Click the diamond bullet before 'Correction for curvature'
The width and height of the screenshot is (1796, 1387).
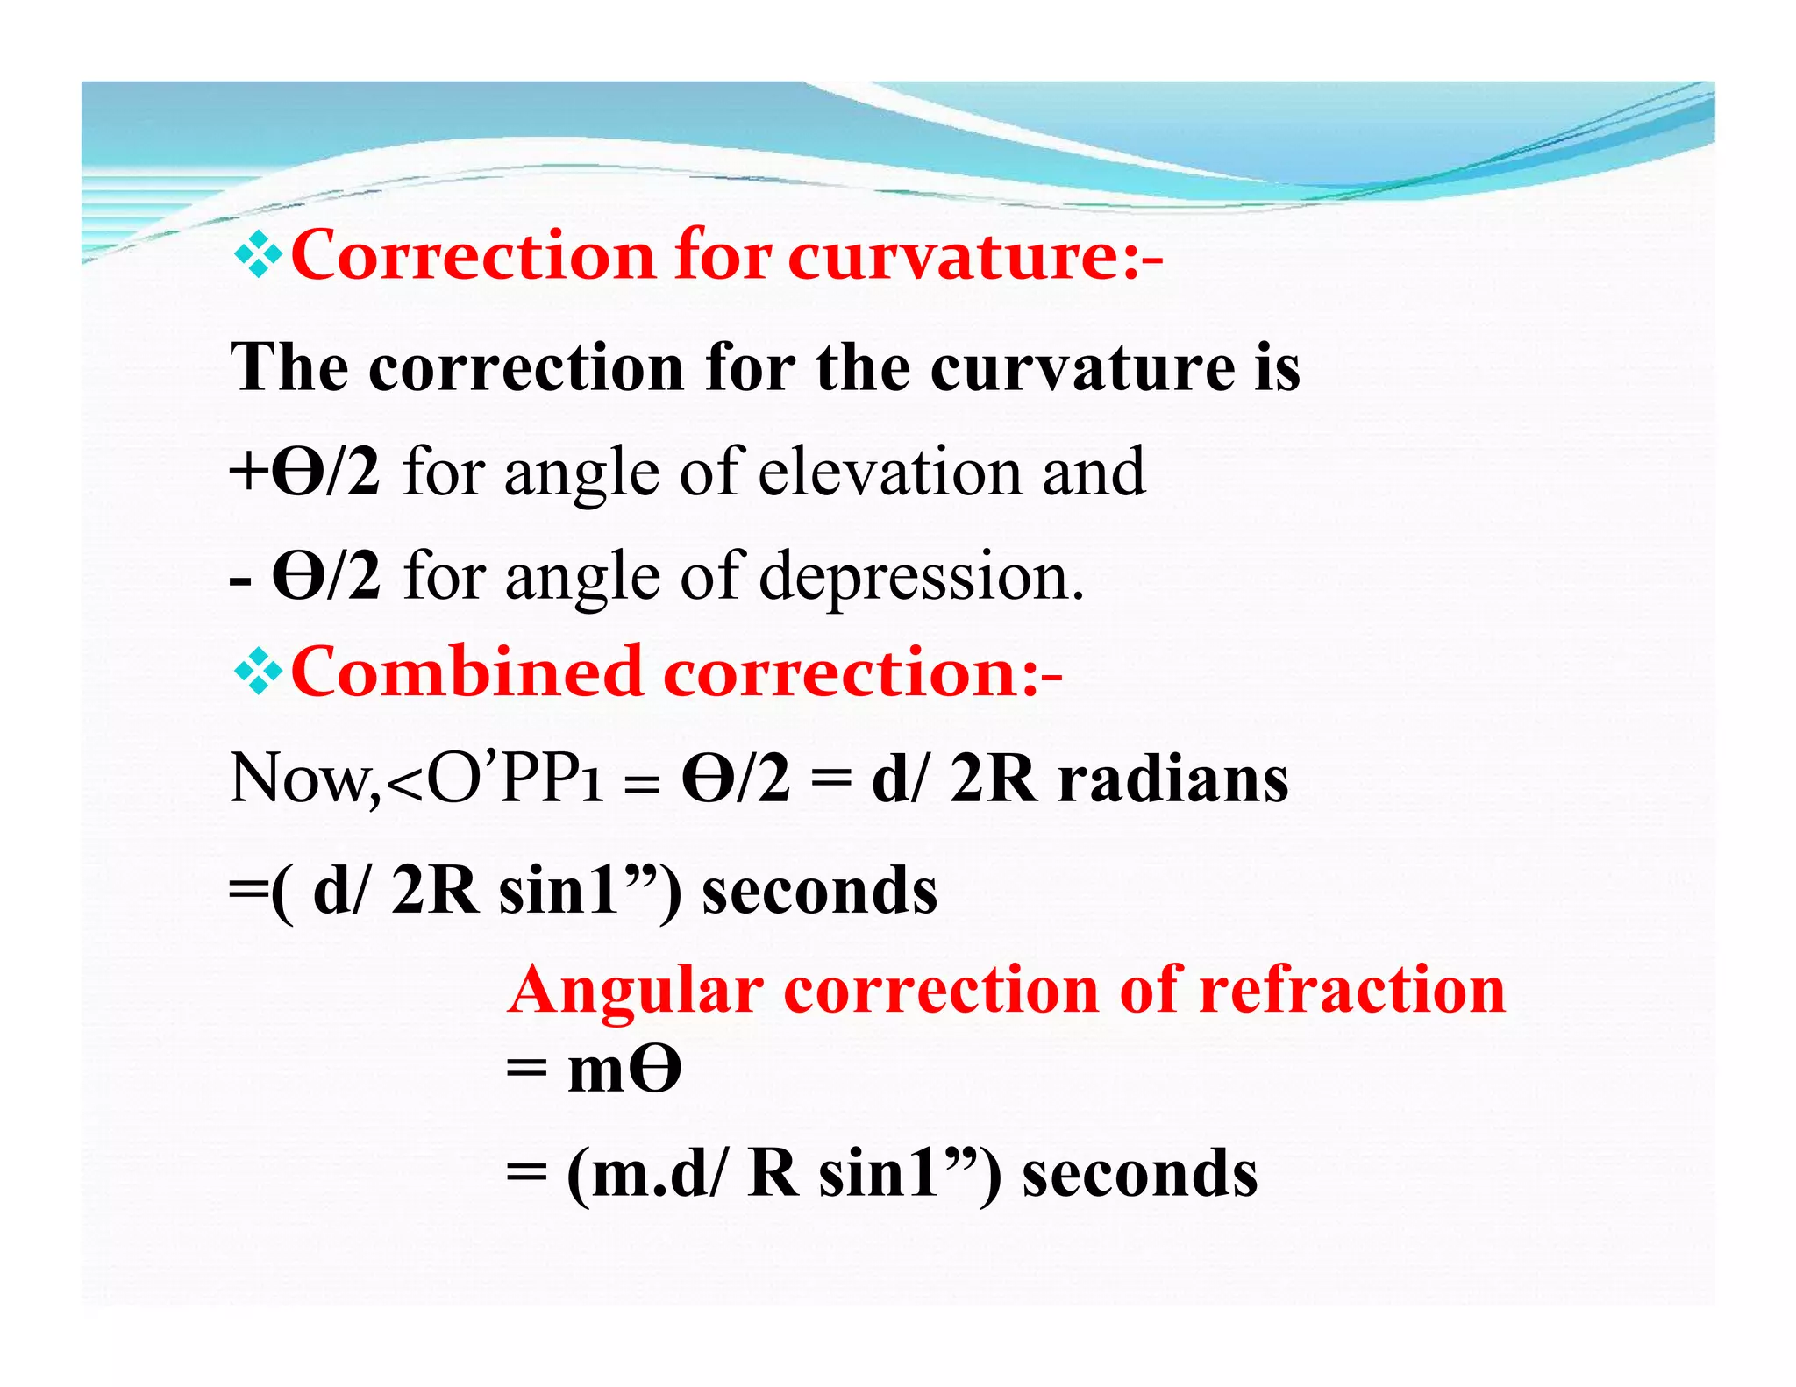click(x=258, y=256)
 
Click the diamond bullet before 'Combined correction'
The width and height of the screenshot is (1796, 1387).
click(x=258, y=672)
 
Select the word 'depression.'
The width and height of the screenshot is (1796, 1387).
click(x=921, y=577)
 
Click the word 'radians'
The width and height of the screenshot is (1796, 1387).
click(x=1173, y=779)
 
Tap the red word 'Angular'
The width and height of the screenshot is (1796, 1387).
click(x=636, y=991)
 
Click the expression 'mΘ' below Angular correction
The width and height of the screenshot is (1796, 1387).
click(x=624, y=1071)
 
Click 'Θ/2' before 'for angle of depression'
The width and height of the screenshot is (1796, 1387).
click(x=327, y=577)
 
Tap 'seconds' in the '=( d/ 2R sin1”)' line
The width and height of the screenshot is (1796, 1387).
click(x=820, y=891)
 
